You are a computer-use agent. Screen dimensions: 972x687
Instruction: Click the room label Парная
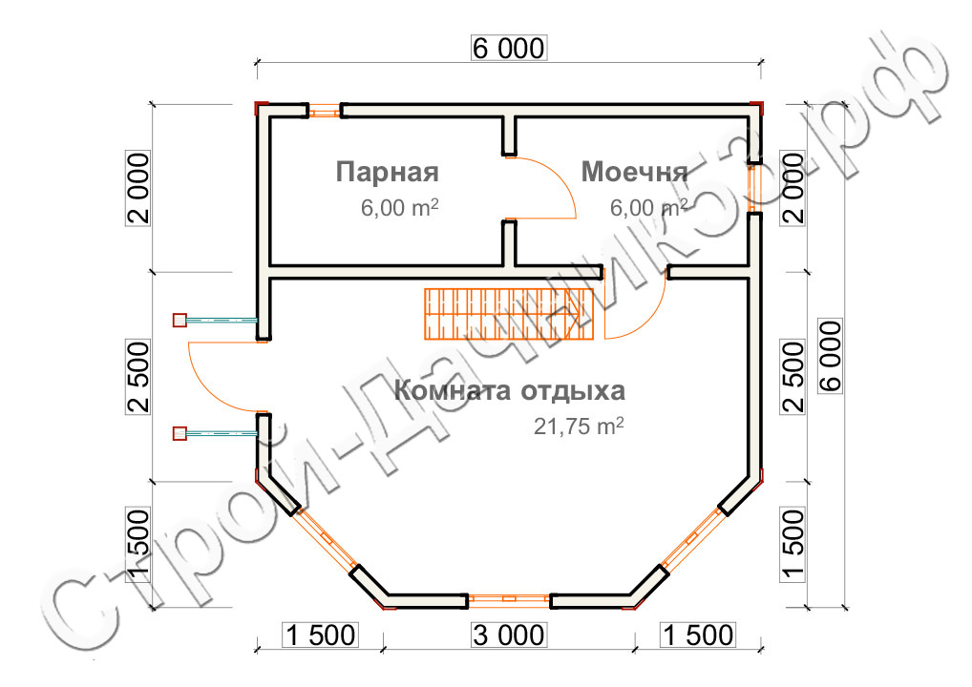tap(387, 172)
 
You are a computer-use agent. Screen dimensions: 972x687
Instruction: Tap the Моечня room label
tap(634, 172)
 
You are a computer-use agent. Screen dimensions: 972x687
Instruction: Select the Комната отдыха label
tap(510, 391)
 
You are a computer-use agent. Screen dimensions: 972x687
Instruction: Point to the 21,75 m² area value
tap(579, 427)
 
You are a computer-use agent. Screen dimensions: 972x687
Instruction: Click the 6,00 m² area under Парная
tap(399, 207)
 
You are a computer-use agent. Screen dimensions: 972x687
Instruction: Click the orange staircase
tap(509, 314)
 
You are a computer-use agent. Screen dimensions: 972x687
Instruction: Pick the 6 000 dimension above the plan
tap(509, 49)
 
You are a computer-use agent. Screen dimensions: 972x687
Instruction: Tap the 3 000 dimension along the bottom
tap(509, 635)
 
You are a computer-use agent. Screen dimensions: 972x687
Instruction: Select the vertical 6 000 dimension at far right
tap(831, 356)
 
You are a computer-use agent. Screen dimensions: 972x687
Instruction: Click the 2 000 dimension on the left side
tap(138, 188)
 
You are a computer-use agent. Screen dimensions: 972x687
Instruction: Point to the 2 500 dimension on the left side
tap(138, 377)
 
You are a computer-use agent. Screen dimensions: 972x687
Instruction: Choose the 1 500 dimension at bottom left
tap(320, 635)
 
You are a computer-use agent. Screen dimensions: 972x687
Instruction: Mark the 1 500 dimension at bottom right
tap(698, 635)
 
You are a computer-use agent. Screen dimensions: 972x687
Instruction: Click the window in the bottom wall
tap(509, 599)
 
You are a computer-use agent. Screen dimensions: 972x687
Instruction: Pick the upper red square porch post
tap(180, 321)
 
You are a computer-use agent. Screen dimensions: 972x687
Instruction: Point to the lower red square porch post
tap(180, 433)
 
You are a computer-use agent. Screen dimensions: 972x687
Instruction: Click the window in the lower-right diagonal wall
tap(692, 538)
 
